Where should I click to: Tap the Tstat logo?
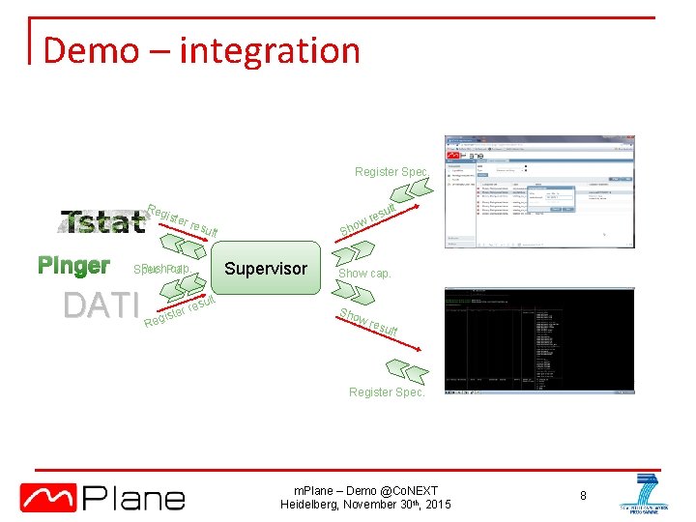tap(102, 222)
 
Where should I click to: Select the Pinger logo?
tap(73, 266)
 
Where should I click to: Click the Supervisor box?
tap(265, 269)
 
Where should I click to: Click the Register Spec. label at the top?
tap(390, 172)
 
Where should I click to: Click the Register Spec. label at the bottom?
tap(386, 392)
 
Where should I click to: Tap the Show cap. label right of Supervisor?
tap(364, 274)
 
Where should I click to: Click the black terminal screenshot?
tap(538, 339)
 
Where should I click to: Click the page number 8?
tap(584, 496)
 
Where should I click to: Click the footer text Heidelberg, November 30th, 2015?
tap(364, 505)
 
